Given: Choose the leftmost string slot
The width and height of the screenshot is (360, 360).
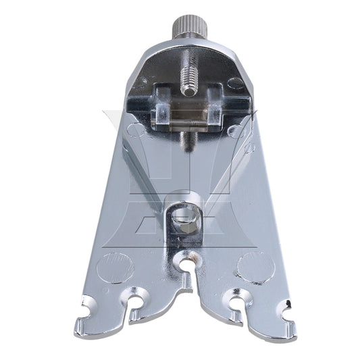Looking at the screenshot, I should click(x=88, y=312).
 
